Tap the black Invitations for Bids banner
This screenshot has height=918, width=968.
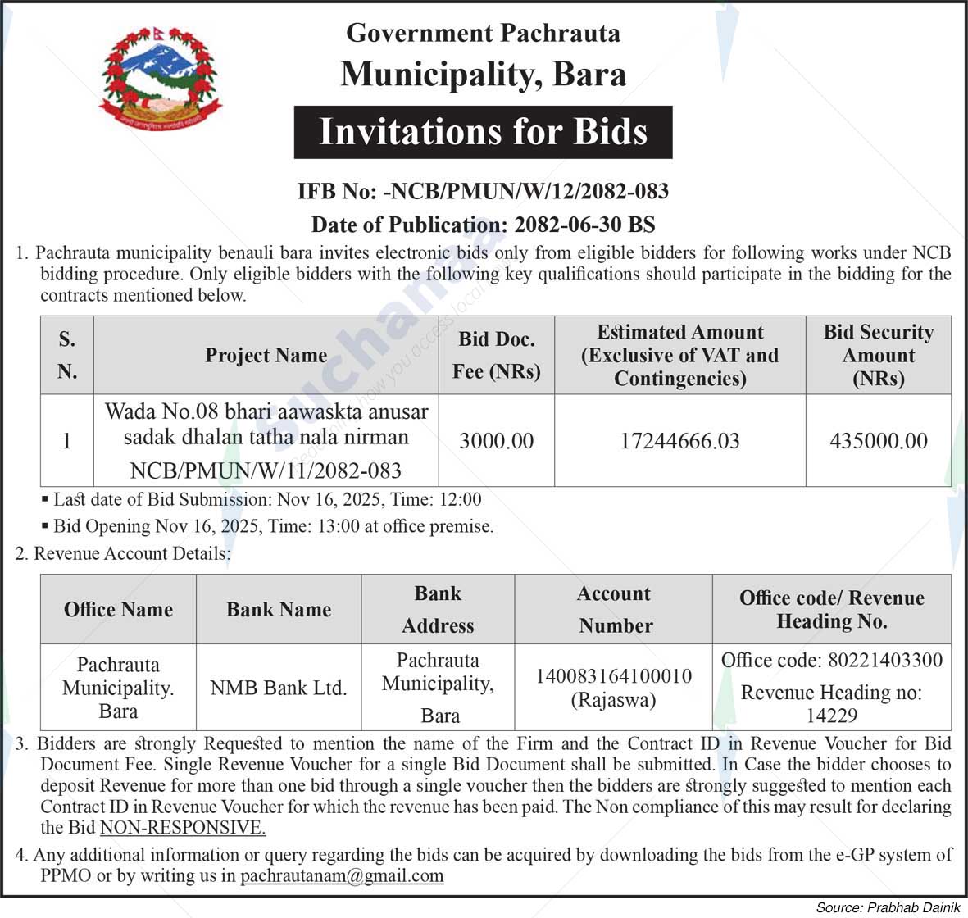(x=483, y=132)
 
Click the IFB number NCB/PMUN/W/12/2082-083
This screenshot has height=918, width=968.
(x=525, y=192)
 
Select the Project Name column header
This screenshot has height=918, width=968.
(x=266, y=355)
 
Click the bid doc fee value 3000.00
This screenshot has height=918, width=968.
(x=496, y=441)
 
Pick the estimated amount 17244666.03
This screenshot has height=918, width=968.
(x=679, y=441)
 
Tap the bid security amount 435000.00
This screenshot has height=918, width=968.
(x=879, y=441)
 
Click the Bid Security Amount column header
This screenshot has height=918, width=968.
(x=878, y=355)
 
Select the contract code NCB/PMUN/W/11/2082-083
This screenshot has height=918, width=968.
(x=266, y=470)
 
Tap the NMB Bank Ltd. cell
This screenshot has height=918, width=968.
(x=279, y=688)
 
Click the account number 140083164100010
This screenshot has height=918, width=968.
(x=613, y=676)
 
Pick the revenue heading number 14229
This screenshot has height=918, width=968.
(x=831, y=716)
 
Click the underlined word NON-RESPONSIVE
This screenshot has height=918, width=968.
(x=183, y=828)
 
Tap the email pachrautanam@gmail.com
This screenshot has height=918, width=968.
(x=342, y=875)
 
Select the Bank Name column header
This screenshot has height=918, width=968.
(x=279, y=609)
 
